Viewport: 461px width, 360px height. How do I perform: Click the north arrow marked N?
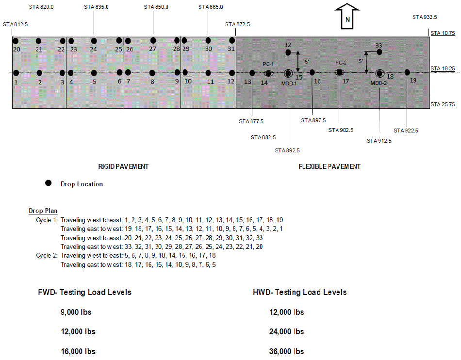pyautogui.click(x=347, y=16)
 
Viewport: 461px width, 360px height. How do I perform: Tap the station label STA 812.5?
pyautogui.click(x=16, y=24)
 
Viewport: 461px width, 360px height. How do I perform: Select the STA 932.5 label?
pyautogui.click(x=425, y=17)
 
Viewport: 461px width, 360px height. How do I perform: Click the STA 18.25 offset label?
pyautogui.click(x=443, y=68)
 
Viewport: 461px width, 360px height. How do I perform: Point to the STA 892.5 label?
pyautogui.click(x=287, y=150)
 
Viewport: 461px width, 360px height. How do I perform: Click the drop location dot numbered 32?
pyautogui.click(x=288, y=52)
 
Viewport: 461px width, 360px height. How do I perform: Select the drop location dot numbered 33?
pyautogui.click(x=379, y=52)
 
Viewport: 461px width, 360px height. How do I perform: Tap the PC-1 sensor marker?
pyautogui.click(x=268, y=73)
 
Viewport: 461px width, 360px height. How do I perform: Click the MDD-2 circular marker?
pyautogui.click(x=380, y=73)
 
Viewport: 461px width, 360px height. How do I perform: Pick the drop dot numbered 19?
pyautogui.click(x=407, y=72)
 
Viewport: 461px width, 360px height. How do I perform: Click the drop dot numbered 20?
pyautogui.click(x=16, y=41)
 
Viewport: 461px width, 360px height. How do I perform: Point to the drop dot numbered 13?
pyautogui.click(x=252, y=73)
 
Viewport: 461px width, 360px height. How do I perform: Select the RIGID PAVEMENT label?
pyautogui.click(x=123, y=166)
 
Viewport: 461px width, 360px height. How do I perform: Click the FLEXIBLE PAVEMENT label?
pyautogui.click(x=329, y=166)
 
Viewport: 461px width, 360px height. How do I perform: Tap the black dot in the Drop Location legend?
pyautogui.click(x=48, y=183)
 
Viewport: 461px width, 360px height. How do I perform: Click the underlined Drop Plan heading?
pyautogui.click(x=43, y=211)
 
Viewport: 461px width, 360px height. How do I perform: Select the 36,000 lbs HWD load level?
pyautogui.click(x=287, y=351)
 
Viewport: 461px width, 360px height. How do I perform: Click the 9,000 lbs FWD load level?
pyautogui.click(x=76, y=312)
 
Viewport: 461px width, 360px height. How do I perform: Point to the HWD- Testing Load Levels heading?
pyautogui.click(x=299, y=293)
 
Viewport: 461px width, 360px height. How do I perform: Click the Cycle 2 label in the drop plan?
pyautogui.click(x=47, y=255)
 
